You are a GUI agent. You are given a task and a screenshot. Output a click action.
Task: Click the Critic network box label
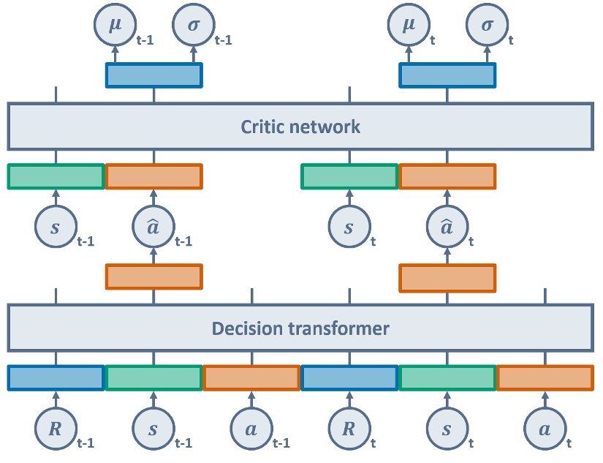(300, 127)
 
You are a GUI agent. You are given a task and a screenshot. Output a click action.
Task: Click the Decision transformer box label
(300, 328)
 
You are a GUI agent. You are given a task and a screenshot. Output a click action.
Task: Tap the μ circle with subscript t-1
(113, 24)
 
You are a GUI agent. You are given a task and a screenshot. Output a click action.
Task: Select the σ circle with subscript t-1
(193, 24)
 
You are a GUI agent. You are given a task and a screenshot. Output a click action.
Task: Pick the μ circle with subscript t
(406, 24)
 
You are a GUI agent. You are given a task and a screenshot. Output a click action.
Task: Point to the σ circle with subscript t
(486, 24)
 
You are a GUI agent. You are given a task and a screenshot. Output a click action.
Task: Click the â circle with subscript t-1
(153, 227)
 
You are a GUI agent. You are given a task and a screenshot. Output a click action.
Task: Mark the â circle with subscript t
(447, 227)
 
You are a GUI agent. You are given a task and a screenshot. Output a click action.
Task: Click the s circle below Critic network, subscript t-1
(55, 227)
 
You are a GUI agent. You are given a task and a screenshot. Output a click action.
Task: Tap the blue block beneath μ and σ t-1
(153, 75)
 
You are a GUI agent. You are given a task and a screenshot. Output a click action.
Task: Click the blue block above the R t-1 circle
(56, 377)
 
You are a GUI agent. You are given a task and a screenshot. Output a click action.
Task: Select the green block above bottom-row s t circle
(447, 377)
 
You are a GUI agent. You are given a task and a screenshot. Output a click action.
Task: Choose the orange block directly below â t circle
(447, 276)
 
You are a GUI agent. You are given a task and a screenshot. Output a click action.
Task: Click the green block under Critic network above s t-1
(56, 176)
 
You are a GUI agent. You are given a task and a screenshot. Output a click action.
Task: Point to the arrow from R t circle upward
(348, 399)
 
